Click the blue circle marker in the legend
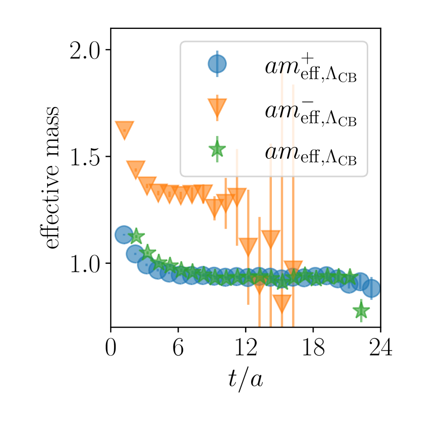coord(217,64)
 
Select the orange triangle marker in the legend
coord(217,107)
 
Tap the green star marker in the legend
coord(217,149)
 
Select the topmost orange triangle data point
coord(124,129)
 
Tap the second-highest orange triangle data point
coord(135,169)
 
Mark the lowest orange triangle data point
coord(282,303)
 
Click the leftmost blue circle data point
coord(124,235)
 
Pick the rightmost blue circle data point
coord(372,288)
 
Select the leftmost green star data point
coord(135,236)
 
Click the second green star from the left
coord(147,252)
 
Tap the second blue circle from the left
coord(135,254)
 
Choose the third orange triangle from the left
coord(147,185)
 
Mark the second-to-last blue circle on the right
coord(361,281)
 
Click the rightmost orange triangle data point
coord(293,269)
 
